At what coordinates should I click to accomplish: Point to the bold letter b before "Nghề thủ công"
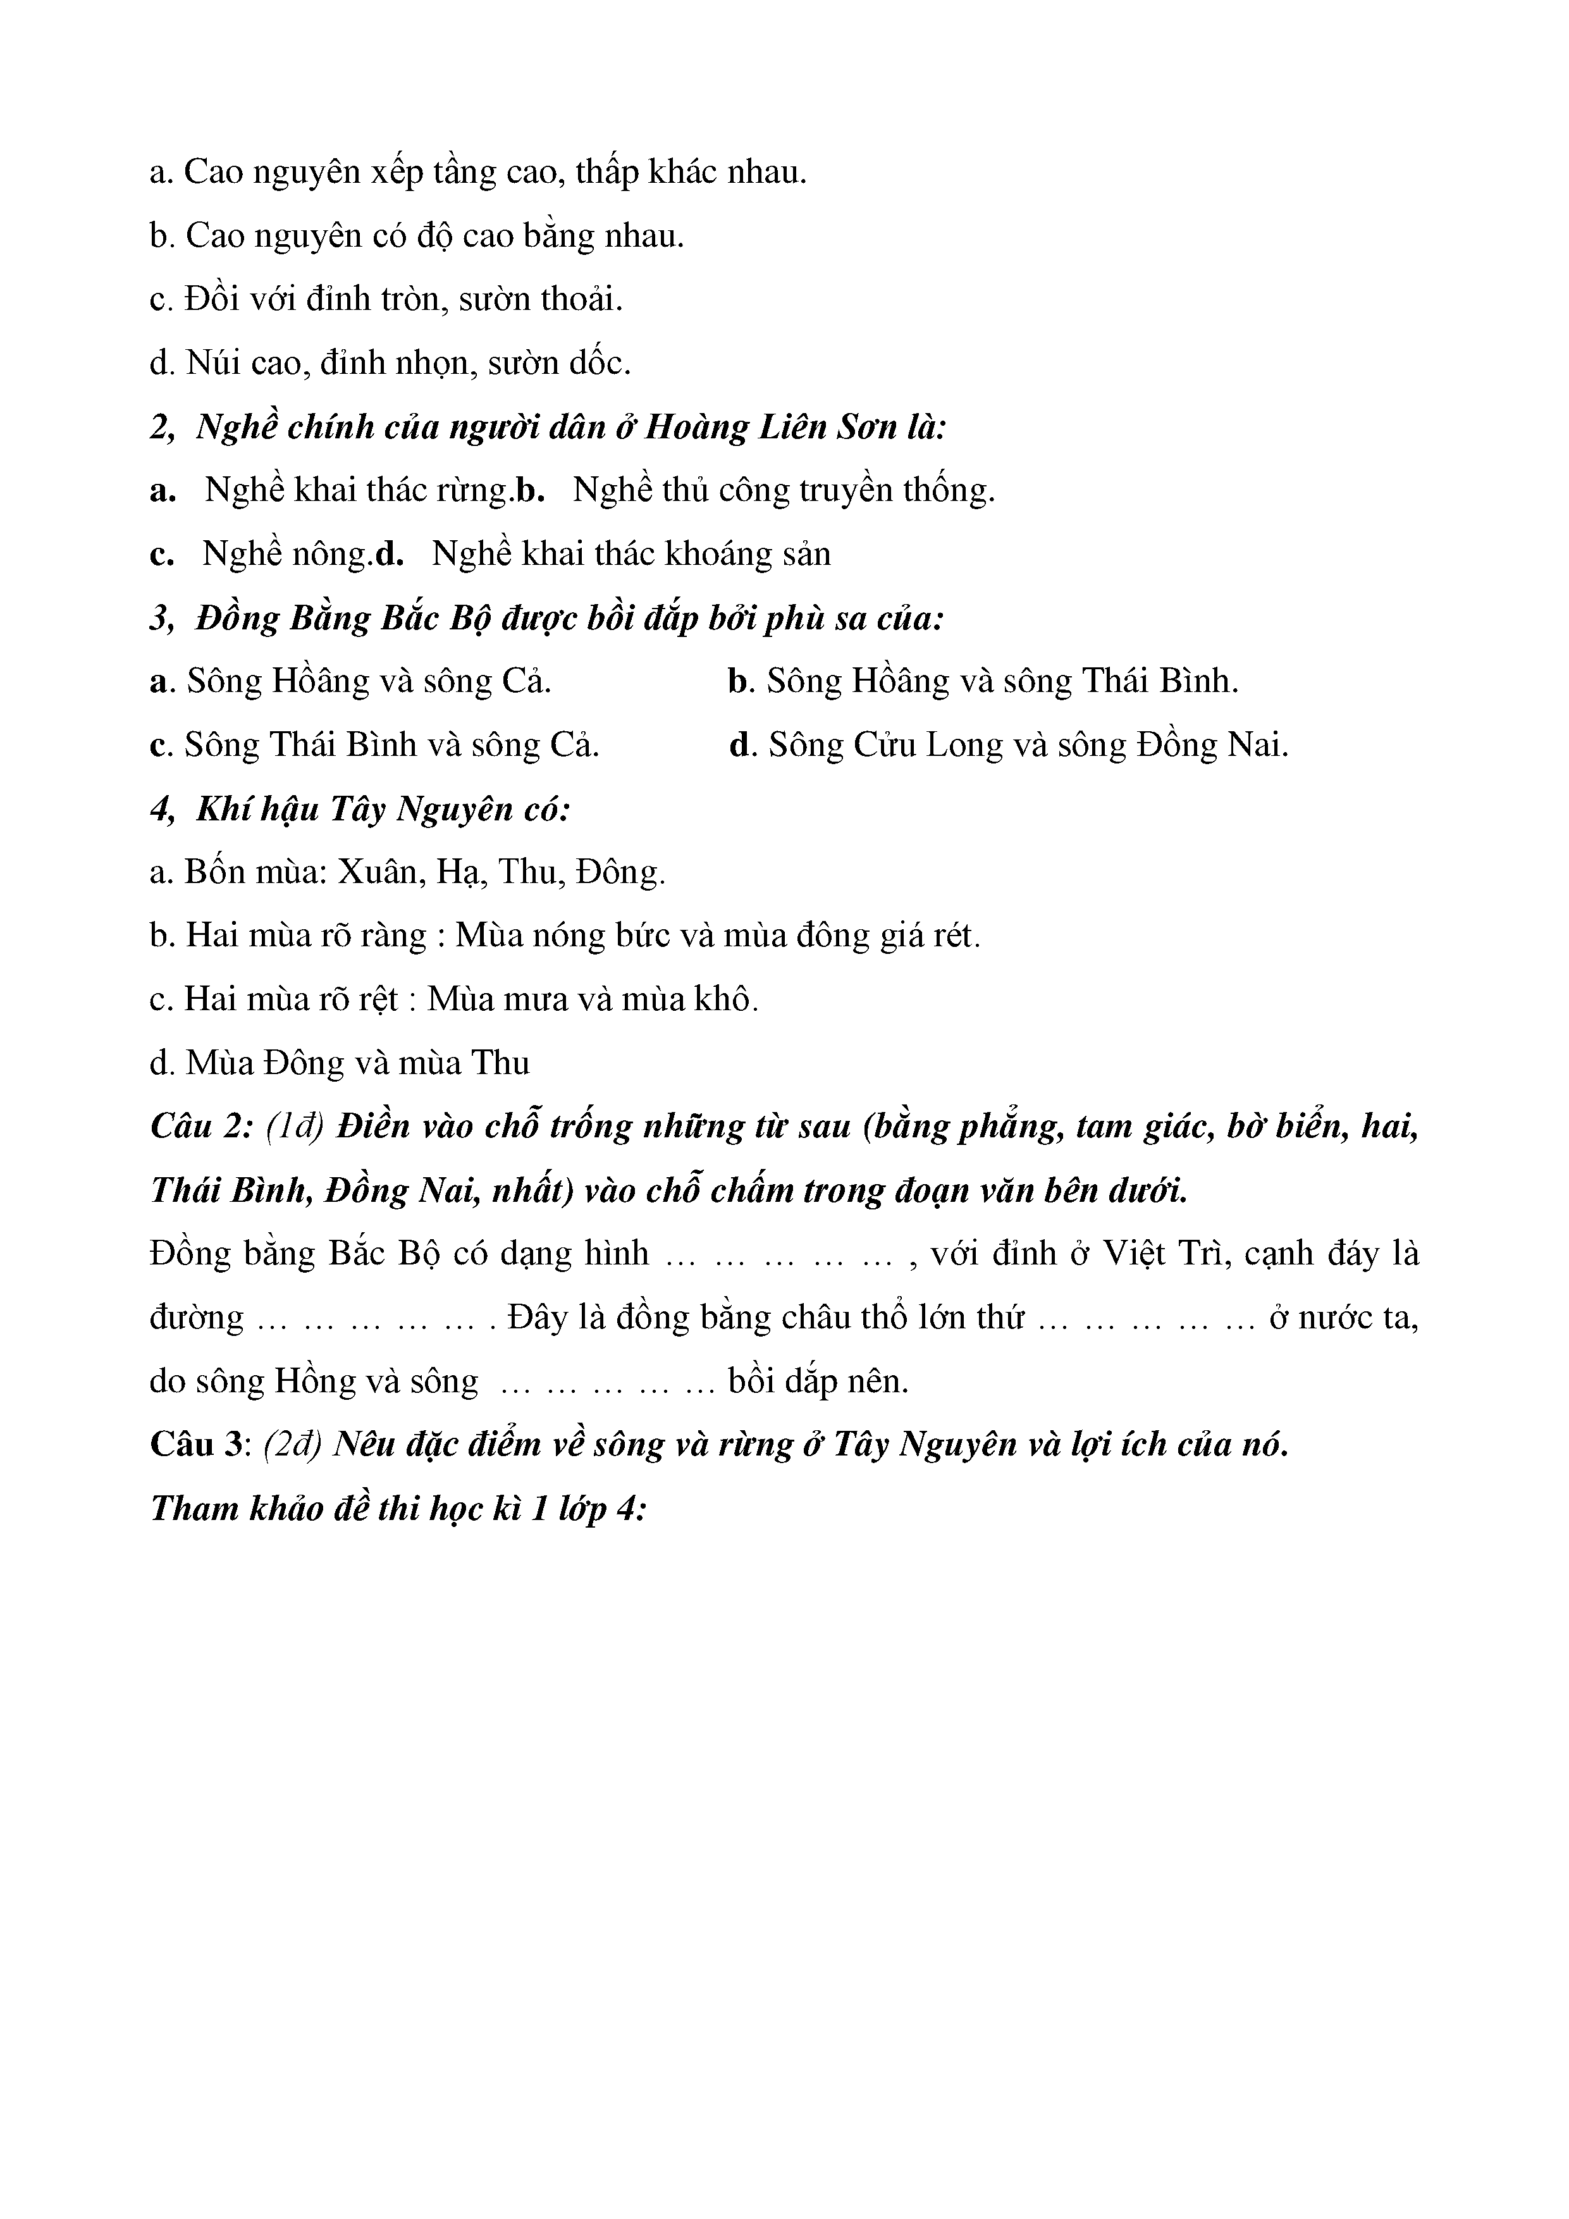(531, 491)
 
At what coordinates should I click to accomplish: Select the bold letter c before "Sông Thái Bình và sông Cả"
(159, 746)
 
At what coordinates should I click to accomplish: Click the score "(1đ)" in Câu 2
(295, 1128)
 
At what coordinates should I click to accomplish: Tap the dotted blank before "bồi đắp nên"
(605, 1383)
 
